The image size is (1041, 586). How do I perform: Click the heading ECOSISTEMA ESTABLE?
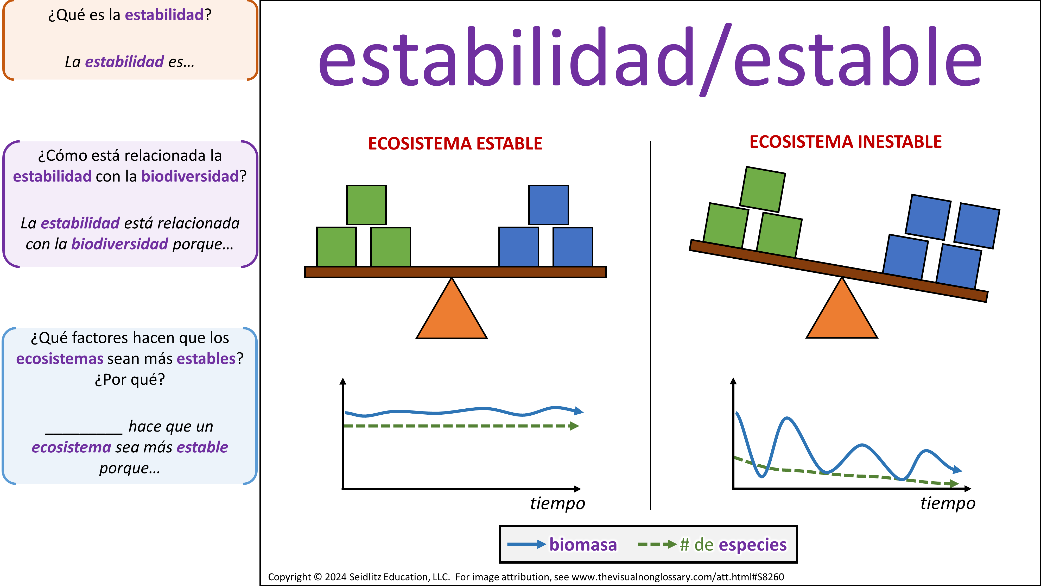point(455,144)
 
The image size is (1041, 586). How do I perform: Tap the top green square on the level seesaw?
point(366,205)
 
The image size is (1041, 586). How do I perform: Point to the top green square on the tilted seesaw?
point(763,189)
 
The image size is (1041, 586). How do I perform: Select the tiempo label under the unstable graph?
point(948,503)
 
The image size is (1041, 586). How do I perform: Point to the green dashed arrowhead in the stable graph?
point(574,426)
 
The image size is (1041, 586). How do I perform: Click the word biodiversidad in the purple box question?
point(190,176)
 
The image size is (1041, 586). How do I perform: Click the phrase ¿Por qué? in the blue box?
point(130,380)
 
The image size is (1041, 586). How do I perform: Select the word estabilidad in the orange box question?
point(164,15)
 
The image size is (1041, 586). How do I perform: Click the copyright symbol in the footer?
point(318,577)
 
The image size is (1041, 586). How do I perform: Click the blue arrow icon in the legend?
point(526,544)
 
